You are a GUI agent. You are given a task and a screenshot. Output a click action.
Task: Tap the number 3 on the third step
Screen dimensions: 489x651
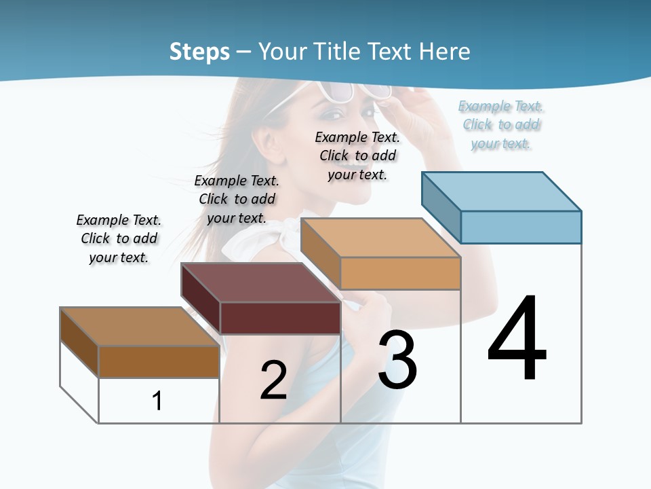coord(397,360)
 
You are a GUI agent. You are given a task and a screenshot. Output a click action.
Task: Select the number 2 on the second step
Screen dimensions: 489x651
coord(273,380)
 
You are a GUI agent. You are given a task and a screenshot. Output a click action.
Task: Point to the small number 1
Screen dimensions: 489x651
coord(157,401)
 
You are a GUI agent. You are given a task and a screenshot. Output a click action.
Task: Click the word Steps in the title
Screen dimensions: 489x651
coord(199,52)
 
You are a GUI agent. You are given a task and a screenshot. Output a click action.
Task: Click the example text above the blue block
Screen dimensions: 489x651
coord(501,125)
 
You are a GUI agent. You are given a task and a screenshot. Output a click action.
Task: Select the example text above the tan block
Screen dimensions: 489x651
coord(357,156)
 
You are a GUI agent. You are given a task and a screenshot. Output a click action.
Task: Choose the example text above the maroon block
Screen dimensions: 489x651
coord(237,200)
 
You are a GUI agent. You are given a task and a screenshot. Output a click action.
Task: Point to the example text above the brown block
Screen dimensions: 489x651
coord(119,239)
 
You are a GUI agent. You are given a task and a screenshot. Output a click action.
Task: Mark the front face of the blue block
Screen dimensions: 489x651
coord(521,227)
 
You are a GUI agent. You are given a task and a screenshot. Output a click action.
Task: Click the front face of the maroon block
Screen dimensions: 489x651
coord(280,318)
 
